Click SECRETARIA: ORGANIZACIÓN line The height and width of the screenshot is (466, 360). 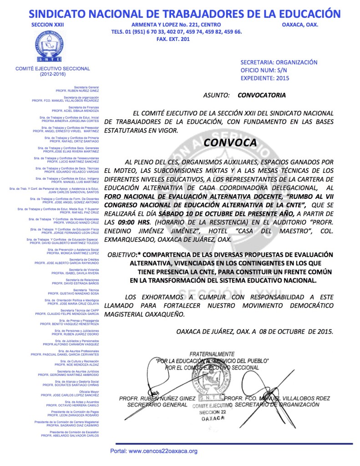tap(279, 62)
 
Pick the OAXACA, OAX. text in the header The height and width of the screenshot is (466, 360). tap(300, 25)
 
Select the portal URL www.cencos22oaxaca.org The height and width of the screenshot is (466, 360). tap(154, 451)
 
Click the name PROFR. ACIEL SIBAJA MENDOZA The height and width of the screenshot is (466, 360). tap(75, 111)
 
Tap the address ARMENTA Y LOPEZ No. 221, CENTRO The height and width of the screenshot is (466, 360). tap(176, 25)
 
